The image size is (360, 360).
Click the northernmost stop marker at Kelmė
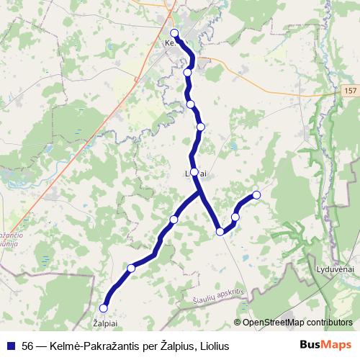coord(174,33)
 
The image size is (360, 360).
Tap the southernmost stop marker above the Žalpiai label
coord(103,308)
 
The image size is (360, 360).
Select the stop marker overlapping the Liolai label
coord(194,172)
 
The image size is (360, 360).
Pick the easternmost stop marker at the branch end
coord(256,195)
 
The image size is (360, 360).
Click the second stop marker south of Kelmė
coord(191,104)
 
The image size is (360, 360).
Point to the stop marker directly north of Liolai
coord(201,127)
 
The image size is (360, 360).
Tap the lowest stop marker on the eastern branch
coord(220,231)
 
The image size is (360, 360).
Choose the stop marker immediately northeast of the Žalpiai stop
coord(131,268)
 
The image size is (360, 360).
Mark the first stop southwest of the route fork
coord(174,219)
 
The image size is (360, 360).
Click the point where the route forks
coord(200,194)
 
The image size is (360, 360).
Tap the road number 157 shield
coord(349,91)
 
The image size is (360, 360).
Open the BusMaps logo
coord(325,346)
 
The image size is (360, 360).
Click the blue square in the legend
coord(11,346)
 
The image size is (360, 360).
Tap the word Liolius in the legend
coord(213,346)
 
